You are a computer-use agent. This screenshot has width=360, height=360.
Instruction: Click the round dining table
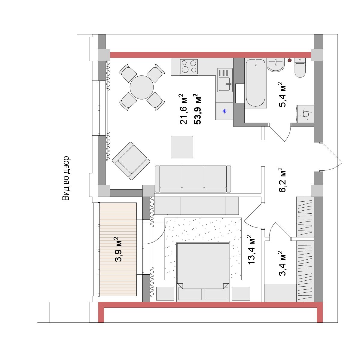(x=142, y=87)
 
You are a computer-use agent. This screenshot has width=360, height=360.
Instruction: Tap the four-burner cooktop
(x=189, y=67)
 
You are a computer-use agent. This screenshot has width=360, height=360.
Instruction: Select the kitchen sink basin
(x=225, y=84)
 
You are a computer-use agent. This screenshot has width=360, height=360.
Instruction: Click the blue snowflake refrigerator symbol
(x=224, y=111)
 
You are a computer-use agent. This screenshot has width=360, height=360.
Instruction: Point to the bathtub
(x=256, y=83)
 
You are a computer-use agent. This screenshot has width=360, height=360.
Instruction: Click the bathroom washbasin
(x=276, y=65)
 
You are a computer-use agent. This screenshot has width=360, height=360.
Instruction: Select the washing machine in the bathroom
(x=305, y=114)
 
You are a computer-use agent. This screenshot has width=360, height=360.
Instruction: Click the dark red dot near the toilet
(x=290, y=60)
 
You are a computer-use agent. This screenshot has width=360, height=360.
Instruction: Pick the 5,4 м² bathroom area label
(x=282, y=95)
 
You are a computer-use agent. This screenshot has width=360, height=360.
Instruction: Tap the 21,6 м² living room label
(x=183, y=109)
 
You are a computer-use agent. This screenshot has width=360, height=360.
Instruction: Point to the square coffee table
(x=182, y=147)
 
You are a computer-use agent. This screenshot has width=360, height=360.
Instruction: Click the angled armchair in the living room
(x=131, y=161)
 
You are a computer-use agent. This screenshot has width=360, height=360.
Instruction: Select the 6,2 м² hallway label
(x=282, y=180)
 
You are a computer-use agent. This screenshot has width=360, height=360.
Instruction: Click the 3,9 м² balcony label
(x=118, y=249)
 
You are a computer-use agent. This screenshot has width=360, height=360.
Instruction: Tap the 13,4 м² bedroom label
(x=251, y=250)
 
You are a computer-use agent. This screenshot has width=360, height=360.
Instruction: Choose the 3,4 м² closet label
(x=282, y=263)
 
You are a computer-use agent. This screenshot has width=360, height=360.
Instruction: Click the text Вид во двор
(x=66, y=178)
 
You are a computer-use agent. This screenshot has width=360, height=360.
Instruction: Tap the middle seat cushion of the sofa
(x=193, y=177)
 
